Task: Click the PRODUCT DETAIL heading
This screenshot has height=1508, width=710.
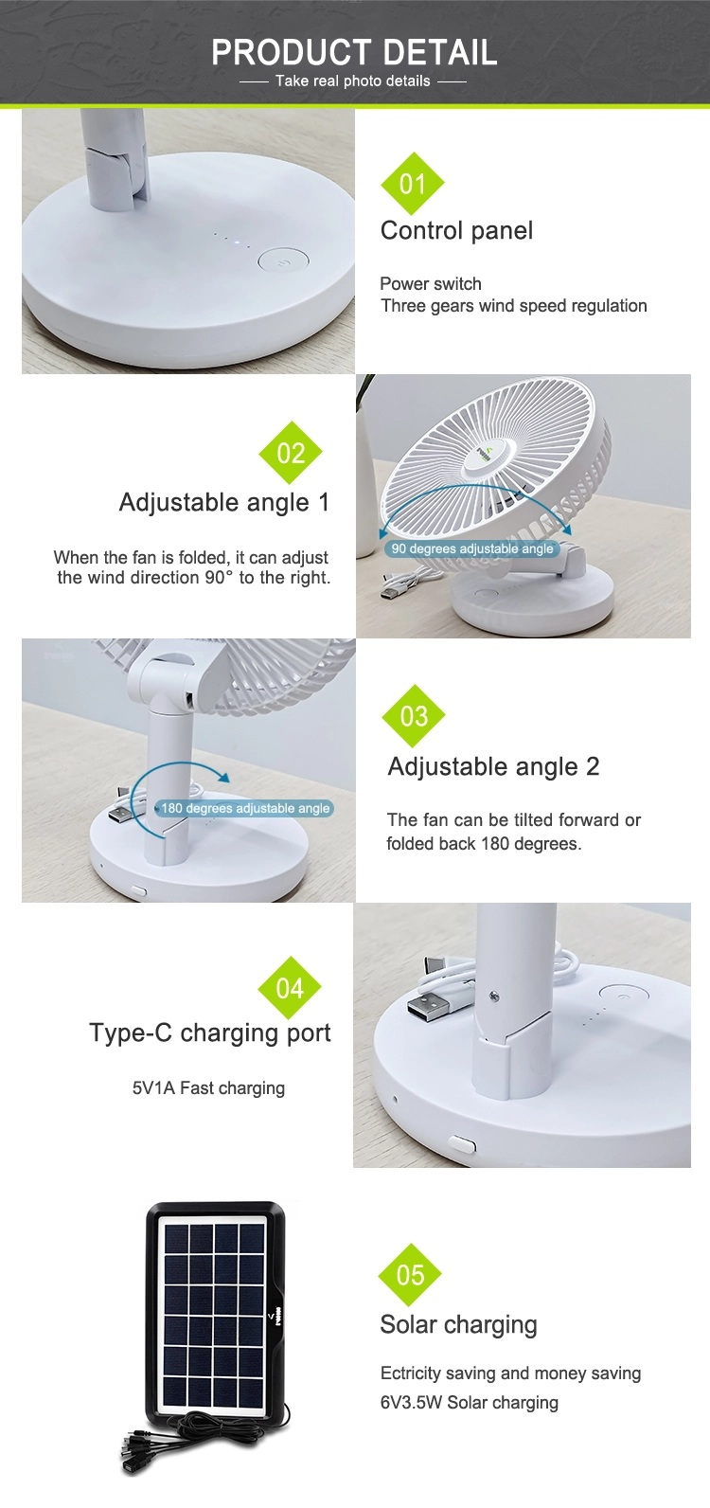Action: pos(354,52)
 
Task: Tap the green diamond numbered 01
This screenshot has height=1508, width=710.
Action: pos(413,183)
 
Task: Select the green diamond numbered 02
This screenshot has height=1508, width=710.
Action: pos(291,453)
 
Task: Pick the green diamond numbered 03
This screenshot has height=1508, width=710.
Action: pos(413,715)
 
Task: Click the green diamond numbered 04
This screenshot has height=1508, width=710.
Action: pos(290,988)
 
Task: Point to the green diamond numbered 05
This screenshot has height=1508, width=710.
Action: pos(410,1274)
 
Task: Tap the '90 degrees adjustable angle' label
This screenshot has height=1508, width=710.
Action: pos(471,548)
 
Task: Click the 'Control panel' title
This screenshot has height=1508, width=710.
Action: pos(456,230)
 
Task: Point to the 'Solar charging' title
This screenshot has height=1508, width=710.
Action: pos(458,1324)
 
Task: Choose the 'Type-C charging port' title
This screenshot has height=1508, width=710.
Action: pos(210,1032)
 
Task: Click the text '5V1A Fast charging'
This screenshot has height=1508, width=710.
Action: pos(208,1088)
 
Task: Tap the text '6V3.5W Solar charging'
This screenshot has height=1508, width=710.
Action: pos(469,1402)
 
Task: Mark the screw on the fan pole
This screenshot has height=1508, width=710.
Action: pos(495,996)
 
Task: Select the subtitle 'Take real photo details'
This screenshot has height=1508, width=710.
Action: pos(353,81)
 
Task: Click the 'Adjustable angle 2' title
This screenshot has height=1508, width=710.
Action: pos(493,766)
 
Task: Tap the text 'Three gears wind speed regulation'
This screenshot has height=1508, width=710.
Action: pos(513,306)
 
